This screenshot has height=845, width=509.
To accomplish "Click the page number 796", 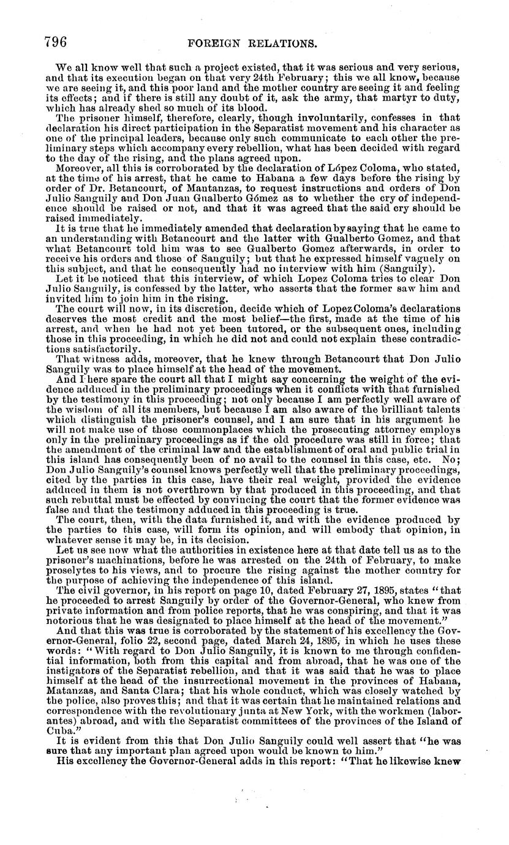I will point(55,41).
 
